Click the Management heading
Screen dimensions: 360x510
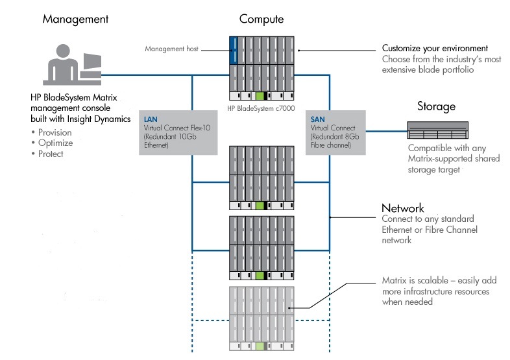point(75,19)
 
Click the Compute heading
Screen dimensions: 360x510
point(261,19)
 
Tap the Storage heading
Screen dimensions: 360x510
point(435,106)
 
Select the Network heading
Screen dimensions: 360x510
point(402,208)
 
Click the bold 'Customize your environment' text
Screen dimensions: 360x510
point(434,49)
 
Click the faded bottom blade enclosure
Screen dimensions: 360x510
point(262,318)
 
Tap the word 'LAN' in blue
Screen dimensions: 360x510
point(150,120)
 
